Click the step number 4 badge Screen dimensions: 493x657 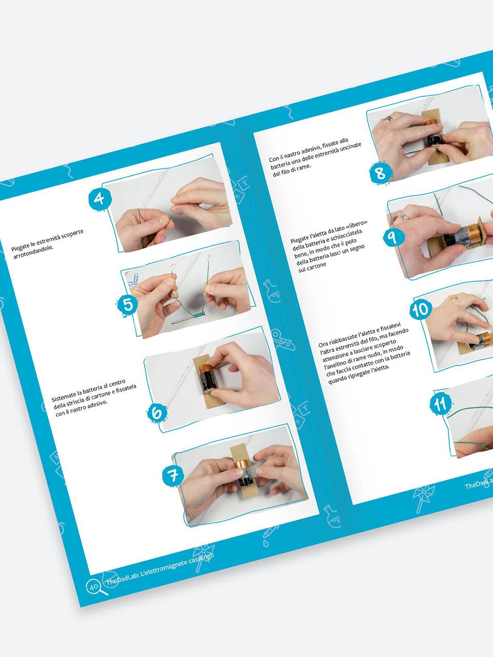click(x=100, y=199)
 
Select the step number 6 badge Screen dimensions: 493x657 click(x=157, y=413)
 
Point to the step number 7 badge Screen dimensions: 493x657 click(x=173, y=475)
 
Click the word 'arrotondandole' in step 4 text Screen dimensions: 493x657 click(x=33, y=252)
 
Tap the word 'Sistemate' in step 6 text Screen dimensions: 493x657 click(x=63, y=395)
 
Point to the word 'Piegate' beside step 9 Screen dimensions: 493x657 click(x=299, y=238)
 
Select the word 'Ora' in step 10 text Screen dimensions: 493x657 click(x=324, y=344)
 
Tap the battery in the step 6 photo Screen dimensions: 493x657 click(x=207, y=379)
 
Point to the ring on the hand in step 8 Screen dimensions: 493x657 click(x=389, y=119)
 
